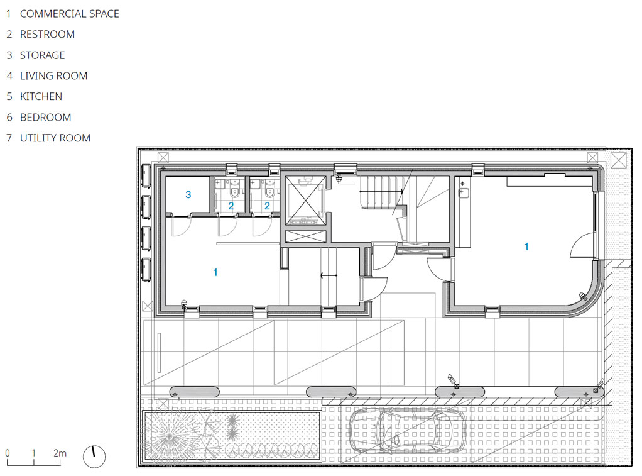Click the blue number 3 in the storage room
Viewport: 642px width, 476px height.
(x=188, y=195)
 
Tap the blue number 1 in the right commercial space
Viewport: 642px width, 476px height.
(x=526, y=246)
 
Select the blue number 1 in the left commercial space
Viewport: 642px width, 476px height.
(x=215, y=272)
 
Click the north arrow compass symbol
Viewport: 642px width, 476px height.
(x=94, y=457)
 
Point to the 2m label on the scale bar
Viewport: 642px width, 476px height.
(x=60, y=453)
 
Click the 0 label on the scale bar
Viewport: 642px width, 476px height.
(x=8, y=453)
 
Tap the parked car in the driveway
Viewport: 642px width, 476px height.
(x=407, y=431)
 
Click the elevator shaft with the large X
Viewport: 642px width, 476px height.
(x=305, y=201)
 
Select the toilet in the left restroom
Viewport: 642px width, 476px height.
(x=234, y=191)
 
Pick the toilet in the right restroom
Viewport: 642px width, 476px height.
(x=269, y=191)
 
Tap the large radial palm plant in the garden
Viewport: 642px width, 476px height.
(x=170, y=436)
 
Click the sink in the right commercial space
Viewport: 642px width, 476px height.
(x=463, y=192)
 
